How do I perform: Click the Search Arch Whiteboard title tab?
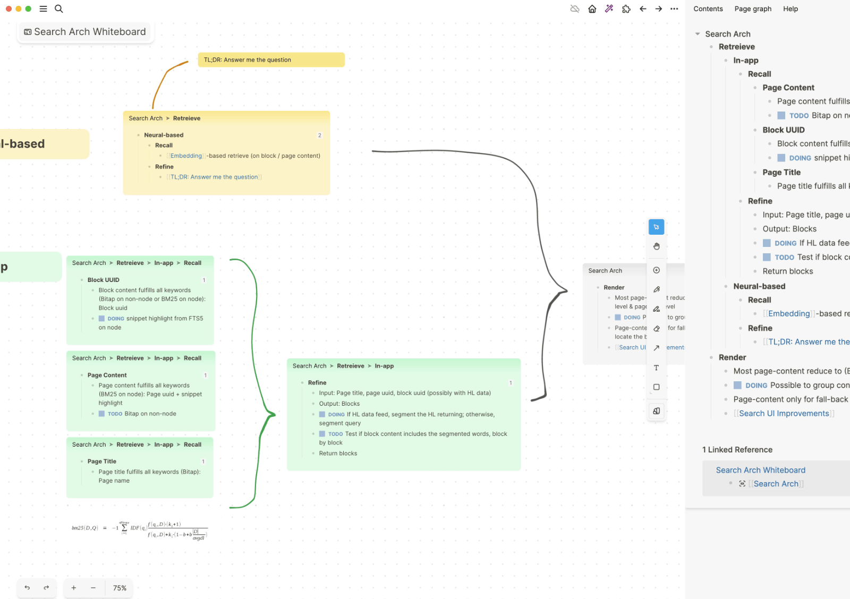pyautogui.click(x=86, y=32)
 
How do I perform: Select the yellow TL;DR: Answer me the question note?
pyautogui.click(x=271, y=60)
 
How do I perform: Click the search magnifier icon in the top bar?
pyautogui.click(x=59, y=9)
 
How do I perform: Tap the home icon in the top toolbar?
pyautogui.click(x=592, y=9)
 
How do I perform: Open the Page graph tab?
pyautogui.click(x=752, y=9)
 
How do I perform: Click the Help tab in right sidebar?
pyautogui.click(x=790, y=9)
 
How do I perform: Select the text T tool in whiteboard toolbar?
pyautogui.click(x=656, y=368)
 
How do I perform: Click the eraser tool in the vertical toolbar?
pyautogui.click(x=656, y=329)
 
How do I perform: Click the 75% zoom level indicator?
pyautogui.click(x=120, y=588)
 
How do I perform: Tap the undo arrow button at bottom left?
pyautogui.click(x=27, y=588)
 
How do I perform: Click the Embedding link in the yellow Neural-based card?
pyautogui.click(x=186, y=156)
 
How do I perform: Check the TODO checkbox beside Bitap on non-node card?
pyautogui.click(x=101, y=414)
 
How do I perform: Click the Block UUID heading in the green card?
pyautogui.click(x=104, y=280)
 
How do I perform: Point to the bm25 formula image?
pyautogui.click(x=139, y=529)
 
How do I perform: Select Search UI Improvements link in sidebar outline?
pyautogui.click(x=784, y=414)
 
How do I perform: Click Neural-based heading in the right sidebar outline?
pyautogui.click(x=759, y=286)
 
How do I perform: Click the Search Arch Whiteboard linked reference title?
pyautogui.click(x=760, y=470)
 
